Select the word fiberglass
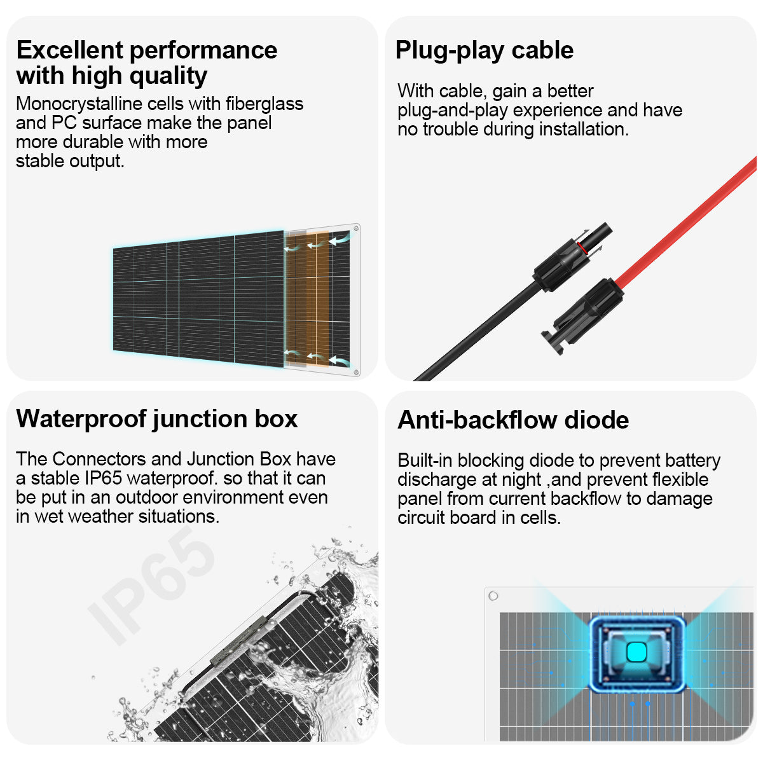264,104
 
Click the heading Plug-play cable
485,51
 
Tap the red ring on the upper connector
581,247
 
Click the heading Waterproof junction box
157,419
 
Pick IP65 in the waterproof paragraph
103,478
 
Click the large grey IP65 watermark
151,586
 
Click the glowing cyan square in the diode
636,652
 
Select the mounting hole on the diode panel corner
493,596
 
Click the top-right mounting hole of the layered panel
356,228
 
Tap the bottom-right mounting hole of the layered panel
356,372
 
